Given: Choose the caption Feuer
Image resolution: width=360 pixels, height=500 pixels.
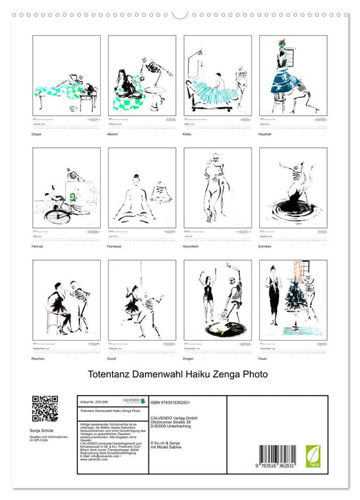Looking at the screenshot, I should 264,359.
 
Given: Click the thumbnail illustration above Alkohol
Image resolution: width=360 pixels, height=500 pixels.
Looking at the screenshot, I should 141,74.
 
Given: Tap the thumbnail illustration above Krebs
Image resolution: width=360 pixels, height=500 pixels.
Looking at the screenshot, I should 217,74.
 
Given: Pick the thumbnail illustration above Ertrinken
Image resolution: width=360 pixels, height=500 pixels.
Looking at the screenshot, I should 293,187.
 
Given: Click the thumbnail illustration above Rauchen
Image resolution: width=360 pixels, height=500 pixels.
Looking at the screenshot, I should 66,299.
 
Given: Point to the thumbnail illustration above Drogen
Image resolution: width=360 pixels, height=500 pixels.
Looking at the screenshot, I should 217,299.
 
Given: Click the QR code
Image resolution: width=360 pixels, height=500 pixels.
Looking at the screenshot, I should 45,408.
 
